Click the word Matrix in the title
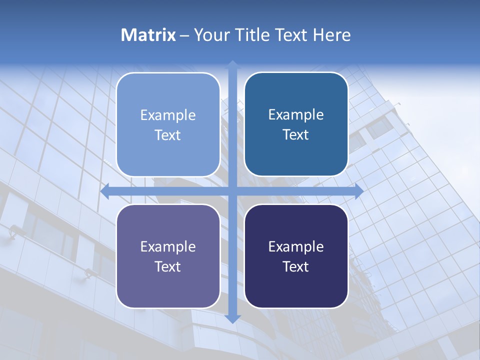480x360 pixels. (148, 35)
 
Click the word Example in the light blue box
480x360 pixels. (168, 115)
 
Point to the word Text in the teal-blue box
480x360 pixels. (296, 135)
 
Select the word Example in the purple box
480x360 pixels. (168, 247)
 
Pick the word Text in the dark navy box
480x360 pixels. (296, 267)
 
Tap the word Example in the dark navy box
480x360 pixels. (296, 247)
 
